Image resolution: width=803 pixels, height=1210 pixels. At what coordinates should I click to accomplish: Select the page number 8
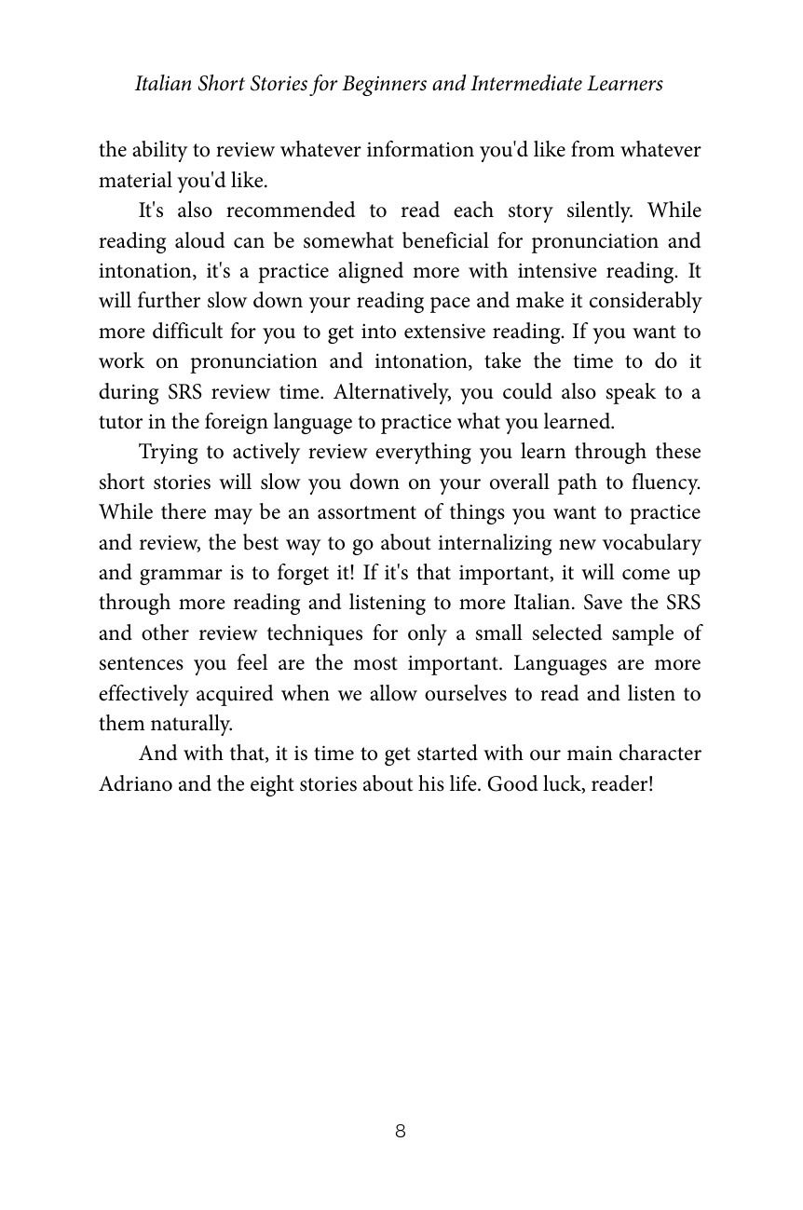(401, 1132)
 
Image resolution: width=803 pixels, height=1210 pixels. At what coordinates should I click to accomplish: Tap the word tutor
(120, 422)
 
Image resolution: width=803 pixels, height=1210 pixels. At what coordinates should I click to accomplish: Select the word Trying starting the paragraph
(167, 453)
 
